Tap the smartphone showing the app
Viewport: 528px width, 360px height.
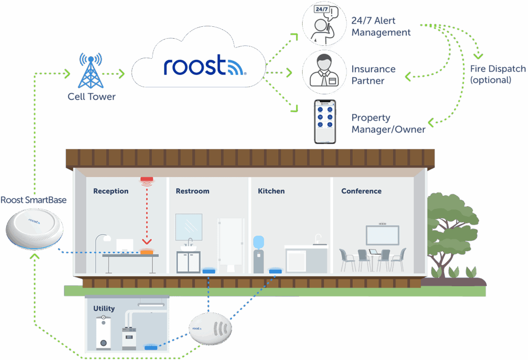[325, 122]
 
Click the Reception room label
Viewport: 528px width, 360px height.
[111, 191]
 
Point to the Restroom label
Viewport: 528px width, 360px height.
[192, 191]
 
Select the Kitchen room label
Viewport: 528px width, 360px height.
[271, 191]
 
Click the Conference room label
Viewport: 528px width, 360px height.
[361, 191]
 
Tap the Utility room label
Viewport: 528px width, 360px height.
[104, 308]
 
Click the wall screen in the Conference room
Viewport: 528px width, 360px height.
[383, 235]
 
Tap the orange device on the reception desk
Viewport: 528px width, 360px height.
[146, 251]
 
